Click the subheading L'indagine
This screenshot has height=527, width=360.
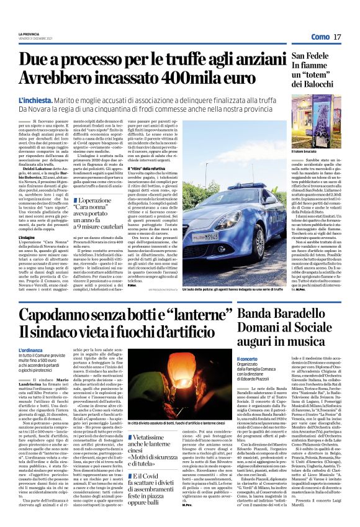(x=27, y=237)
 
